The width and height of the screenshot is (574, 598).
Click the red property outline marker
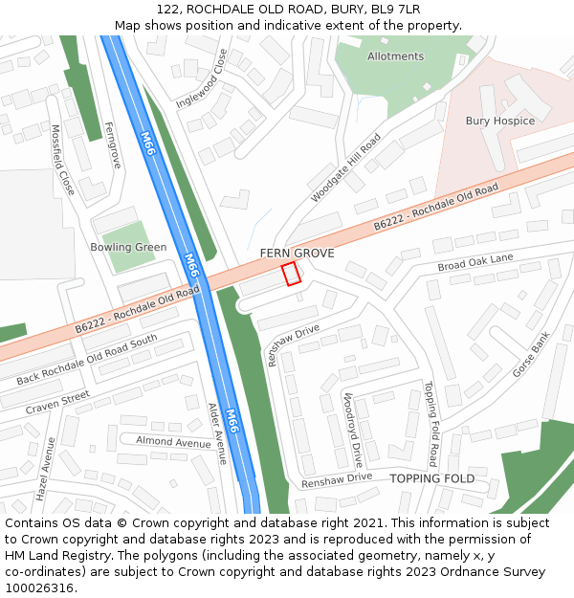pyautogui.click(x=292, y=274)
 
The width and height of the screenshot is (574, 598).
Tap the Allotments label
pyautogui.click(x=395, y=56)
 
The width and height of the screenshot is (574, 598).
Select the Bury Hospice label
pyautogui.click(x=500, y=122)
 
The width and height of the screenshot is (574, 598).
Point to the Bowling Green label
pyautogui.click(x=129, y=247)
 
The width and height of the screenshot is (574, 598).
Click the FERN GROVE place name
pyautogui.click(x=298, y=254)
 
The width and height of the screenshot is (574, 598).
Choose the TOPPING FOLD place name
pyautogui.click(x=431, y=478)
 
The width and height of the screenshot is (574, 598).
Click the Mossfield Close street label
pyautogui.click(x=62, y=160)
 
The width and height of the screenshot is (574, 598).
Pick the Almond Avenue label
pyautogui.click(x=173, y=442)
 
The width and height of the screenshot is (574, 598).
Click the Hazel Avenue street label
pyautogui.click(x=45, y=470)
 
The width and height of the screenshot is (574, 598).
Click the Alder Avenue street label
pyautogui.click(x=217, y=433)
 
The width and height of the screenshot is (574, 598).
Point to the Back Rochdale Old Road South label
pyautogui.click(x=86, y=360)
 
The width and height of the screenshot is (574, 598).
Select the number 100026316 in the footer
pyautogui.click(x=38, y=587)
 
